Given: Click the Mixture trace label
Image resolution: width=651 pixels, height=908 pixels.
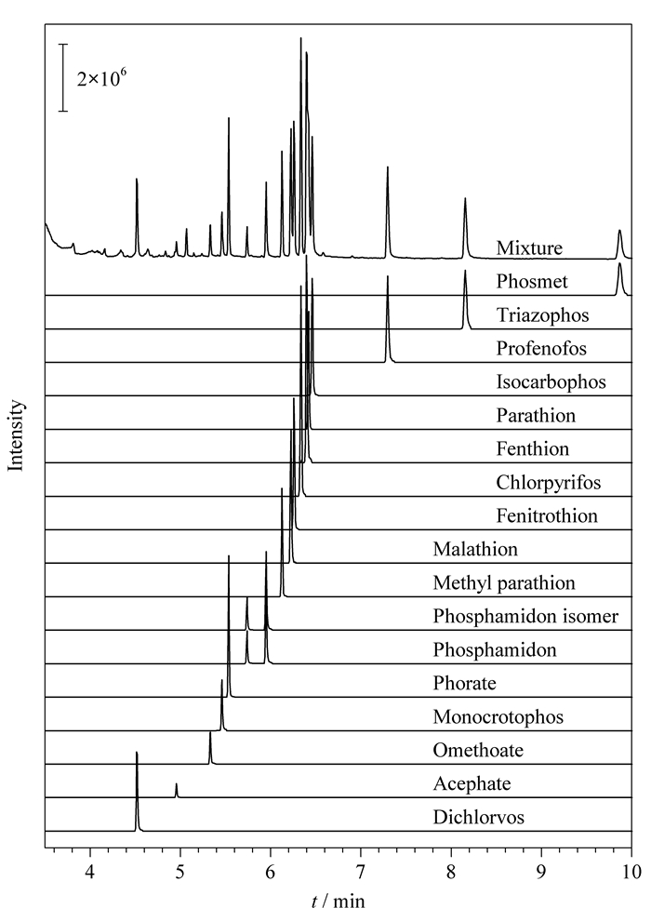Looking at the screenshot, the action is (529, 247).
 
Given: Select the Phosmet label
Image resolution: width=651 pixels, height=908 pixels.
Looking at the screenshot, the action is (532, 282).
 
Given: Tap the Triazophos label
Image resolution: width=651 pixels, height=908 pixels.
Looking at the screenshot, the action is (542, 315).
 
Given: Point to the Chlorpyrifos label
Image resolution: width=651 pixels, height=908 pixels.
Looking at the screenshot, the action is (548, 482).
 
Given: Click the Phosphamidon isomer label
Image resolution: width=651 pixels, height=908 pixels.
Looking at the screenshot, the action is (525, 616).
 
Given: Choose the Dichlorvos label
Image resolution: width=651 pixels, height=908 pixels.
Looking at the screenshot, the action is (479, 817).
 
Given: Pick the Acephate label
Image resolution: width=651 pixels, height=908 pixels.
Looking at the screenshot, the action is (472, 784).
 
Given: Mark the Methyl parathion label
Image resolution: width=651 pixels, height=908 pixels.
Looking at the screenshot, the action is (504, 582).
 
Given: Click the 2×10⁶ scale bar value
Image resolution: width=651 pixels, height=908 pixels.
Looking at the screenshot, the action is (102, 77).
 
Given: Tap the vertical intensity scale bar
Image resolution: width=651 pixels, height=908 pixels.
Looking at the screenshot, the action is (63, 77).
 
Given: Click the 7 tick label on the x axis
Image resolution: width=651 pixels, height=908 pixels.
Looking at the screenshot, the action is (361, 872).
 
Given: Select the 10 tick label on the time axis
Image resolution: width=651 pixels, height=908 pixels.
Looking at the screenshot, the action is (631, 872).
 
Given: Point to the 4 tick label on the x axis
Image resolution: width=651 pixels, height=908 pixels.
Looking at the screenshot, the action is (89, 872).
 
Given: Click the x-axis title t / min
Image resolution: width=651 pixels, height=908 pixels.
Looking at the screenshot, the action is (338, 900).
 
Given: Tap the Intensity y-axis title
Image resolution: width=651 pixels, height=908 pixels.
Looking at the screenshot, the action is (16, 435).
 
